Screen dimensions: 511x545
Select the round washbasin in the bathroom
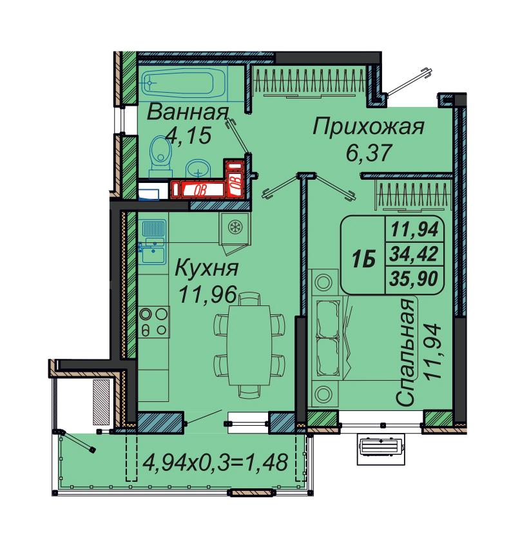click(197, 169)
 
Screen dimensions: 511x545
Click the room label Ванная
click(188, 113)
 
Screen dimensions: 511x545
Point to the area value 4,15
click(188, 135)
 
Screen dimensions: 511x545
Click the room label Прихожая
click(369, 127)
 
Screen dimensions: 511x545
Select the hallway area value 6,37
click(369, 152)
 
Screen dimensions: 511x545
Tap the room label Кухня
click(206, 269)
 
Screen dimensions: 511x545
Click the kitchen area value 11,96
click(207, 294)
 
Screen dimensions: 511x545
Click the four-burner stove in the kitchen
click(153, 322)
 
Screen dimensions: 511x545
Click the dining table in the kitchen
click(249, 345)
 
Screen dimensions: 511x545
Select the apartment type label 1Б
click(363, 259)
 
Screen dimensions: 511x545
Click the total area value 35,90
click(414, 279)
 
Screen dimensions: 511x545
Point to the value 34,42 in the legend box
click(414, 254)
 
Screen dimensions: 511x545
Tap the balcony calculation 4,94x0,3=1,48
click(215, 463)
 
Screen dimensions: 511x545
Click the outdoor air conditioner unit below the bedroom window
click(381, 449)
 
